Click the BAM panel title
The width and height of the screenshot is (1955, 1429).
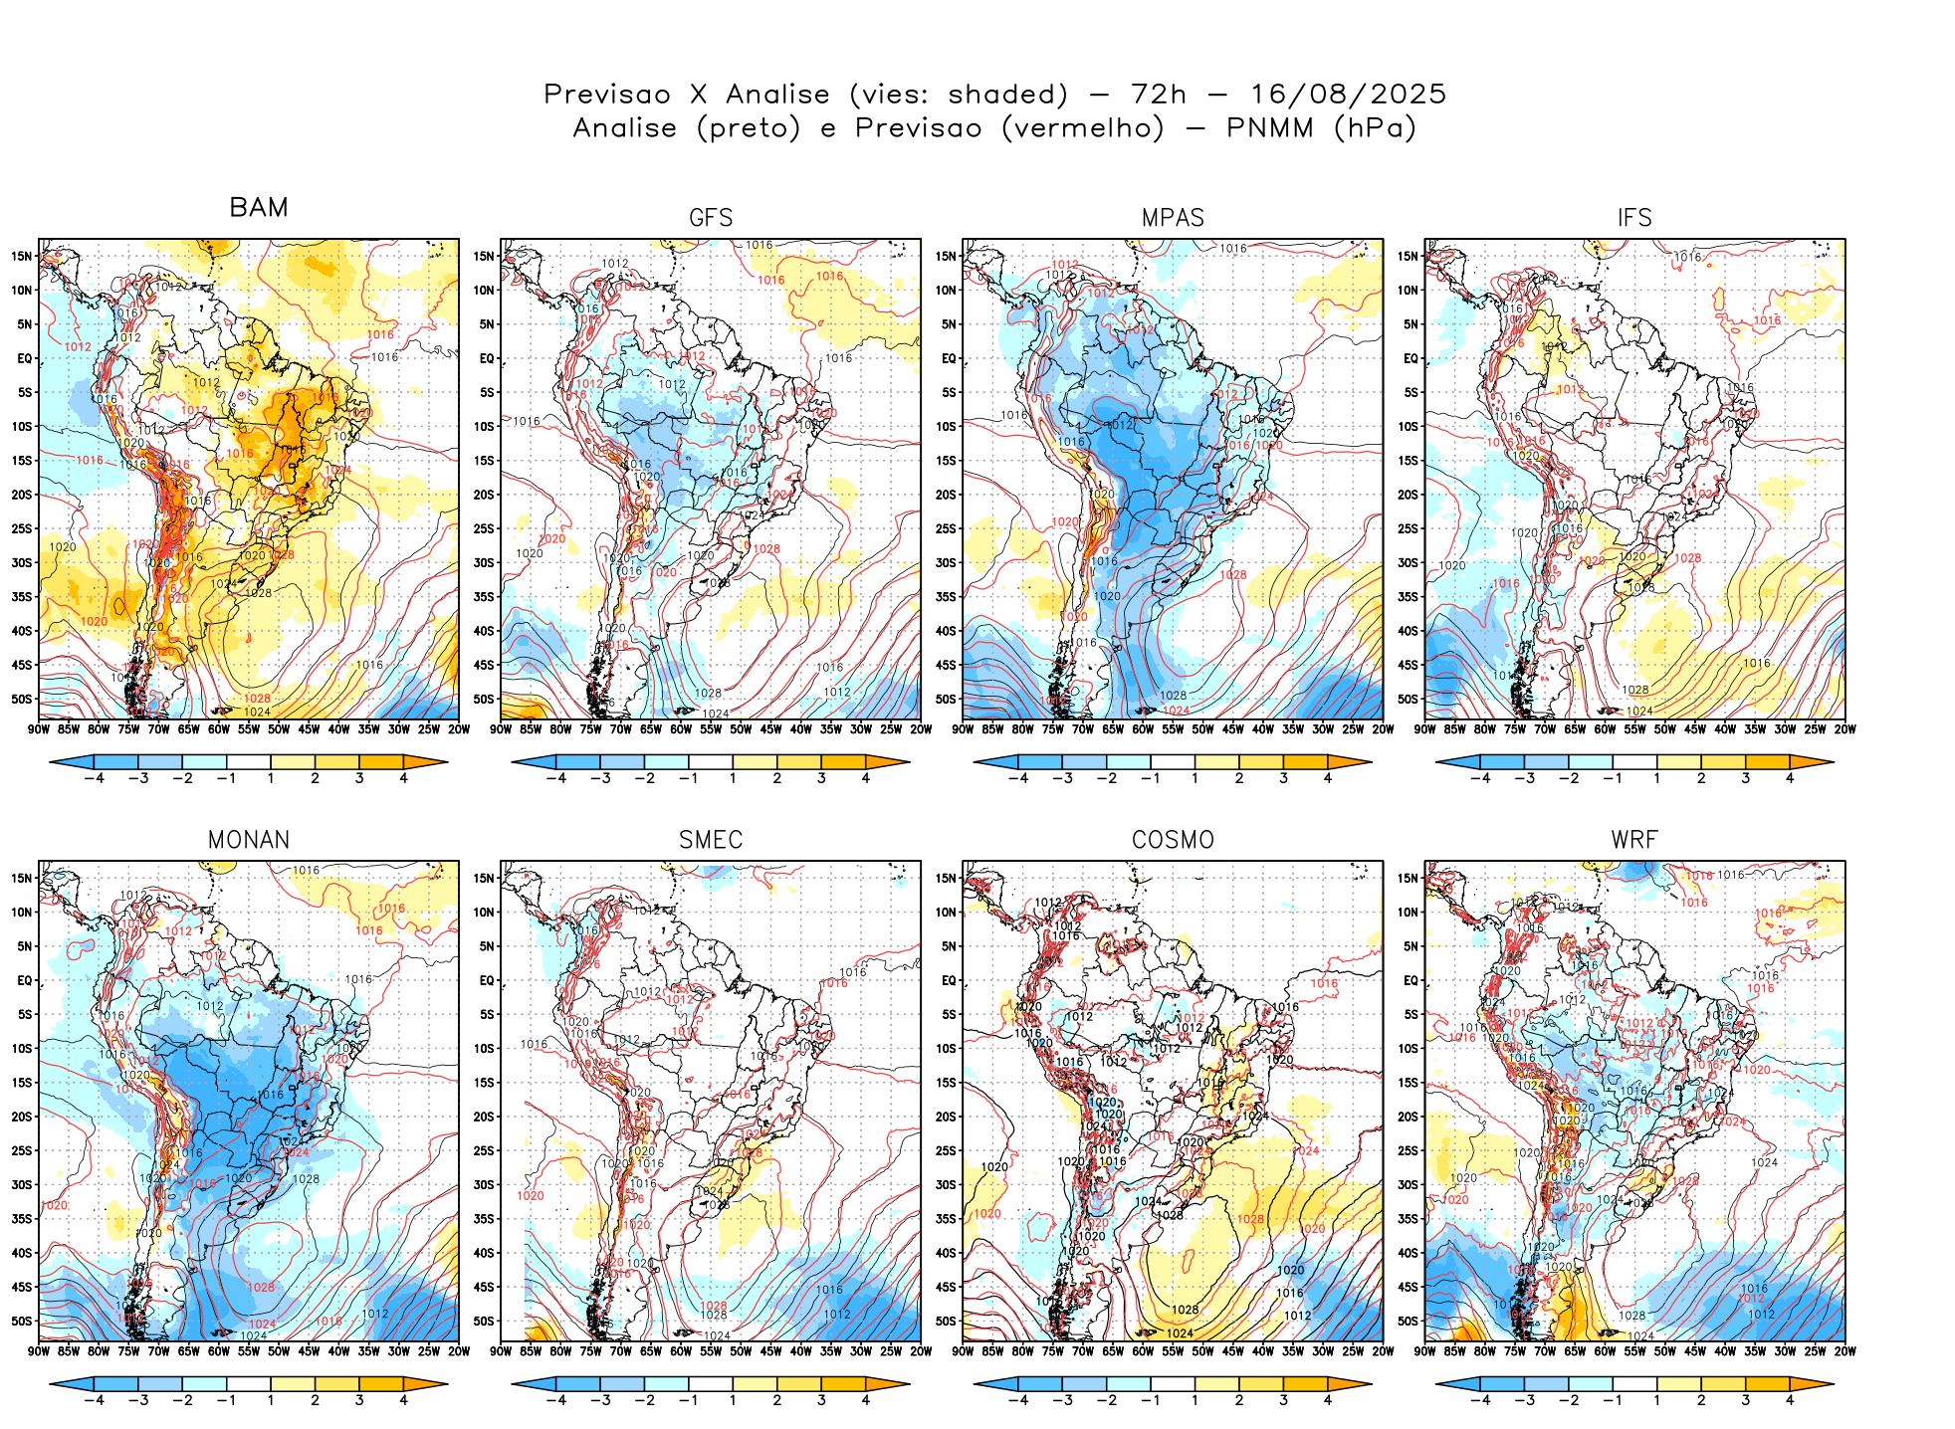click(x=259, y=207)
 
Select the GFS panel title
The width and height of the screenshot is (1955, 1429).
click(x=711, y=218)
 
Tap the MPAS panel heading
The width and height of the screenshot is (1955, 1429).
click(x=1173, y=218)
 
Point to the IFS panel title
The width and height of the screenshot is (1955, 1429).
click(x=1634, y=218)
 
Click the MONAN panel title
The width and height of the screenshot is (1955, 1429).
click(x=249, y=840)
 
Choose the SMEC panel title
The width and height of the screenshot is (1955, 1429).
click(x=711, y=840)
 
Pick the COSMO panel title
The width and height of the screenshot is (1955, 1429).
click(x=1173, y=840)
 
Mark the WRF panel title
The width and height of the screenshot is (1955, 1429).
click(x=1634, y=840)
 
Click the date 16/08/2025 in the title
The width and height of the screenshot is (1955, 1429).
click(x=1348, y=95)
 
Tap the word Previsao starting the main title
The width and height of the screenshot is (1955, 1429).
click(x=607, y=95)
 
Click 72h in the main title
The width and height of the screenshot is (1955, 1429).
click(x=1159, y=95)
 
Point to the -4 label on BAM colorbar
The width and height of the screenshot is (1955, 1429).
click(x=94, y=778)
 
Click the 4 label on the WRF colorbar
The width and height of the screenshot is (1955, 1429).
click(x=1790, y=1400)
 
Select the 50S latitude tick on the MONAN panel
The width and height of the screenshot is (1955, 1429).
click(x=22, y=1322)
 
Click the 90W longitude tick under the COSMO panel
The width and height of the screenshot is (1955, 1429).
click(x=963, y=1351)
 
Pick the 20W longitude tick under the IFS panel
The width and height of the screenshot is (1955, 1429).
click(x=1845, y=729)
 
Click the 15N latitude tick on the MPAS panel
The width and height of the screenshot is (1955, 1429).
click(x=946, y=256)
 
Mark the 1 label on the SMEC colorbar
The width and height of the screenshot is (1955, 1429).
click(x=733, y=1400)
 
